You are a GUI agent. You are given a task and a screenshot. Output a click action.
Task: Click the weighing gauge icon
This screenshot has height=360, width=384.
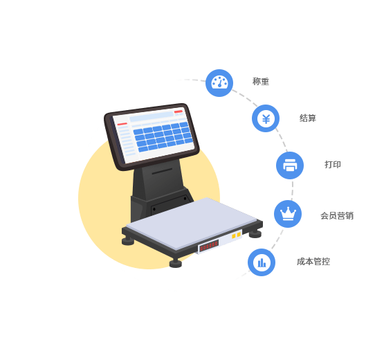219,83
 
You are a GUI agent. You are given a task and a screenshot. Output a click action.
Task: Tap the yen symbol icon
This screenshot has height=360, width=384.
266,118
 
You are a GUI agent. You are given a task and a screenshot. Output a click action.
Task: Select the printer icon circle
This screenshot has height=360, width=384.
290,165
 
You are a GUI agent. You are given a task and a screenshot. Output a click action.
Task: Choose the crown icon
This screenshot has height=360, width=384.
288,214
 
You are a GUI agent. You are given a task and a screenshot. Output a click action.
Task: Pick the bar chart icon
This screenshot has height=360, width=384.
262,262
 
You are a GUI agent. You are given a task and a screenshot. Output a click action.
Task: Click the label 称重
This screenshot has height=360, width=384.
261,82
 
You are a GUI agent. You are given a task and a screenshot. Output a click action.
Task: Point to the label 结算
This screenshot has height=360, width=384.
308,118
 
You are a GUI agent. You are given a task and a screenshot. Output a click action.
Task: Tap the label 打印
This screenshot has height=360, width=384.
333,165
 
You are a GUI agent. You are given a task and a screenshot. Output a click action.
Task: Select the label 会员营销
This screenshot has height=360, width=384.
337,216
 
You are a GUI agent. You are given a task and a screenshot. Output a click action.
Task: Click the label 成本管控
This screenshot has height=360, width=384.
313,262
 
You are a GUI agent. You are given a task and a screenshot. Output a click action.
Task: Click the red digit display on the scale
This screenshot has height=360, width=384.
209,246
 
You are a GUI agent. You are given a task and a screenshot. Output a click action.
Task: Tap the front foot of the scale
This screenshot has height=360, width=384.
176,263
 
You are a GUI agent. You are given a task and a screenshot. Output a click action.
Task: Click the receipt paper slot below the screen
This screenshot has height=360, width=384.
162,171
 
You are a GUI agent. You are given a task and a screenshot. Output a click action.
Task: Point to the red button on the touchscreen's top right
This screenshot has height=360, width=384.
179,111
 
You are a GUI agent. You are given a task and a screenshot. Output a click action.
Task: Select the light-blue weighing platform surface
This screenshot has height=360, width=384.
191,222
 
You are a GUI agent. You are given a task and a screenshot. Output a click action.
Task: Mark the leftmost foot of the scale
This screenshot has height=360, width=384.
128,241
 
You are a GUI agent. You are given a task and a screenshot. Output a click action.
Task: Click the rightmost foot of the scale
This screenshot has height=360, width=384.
255,234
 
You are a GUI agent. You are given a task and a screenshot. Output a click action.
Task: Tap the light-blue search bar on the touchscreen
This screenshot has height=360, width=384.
152,116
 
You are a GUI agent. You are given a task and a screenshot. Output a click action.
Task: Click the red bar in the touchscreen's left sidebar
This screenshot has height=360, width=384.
122,124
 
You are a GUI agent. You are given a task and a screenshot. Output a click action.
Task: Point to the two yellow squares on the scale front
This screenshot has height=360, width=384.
237,235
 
